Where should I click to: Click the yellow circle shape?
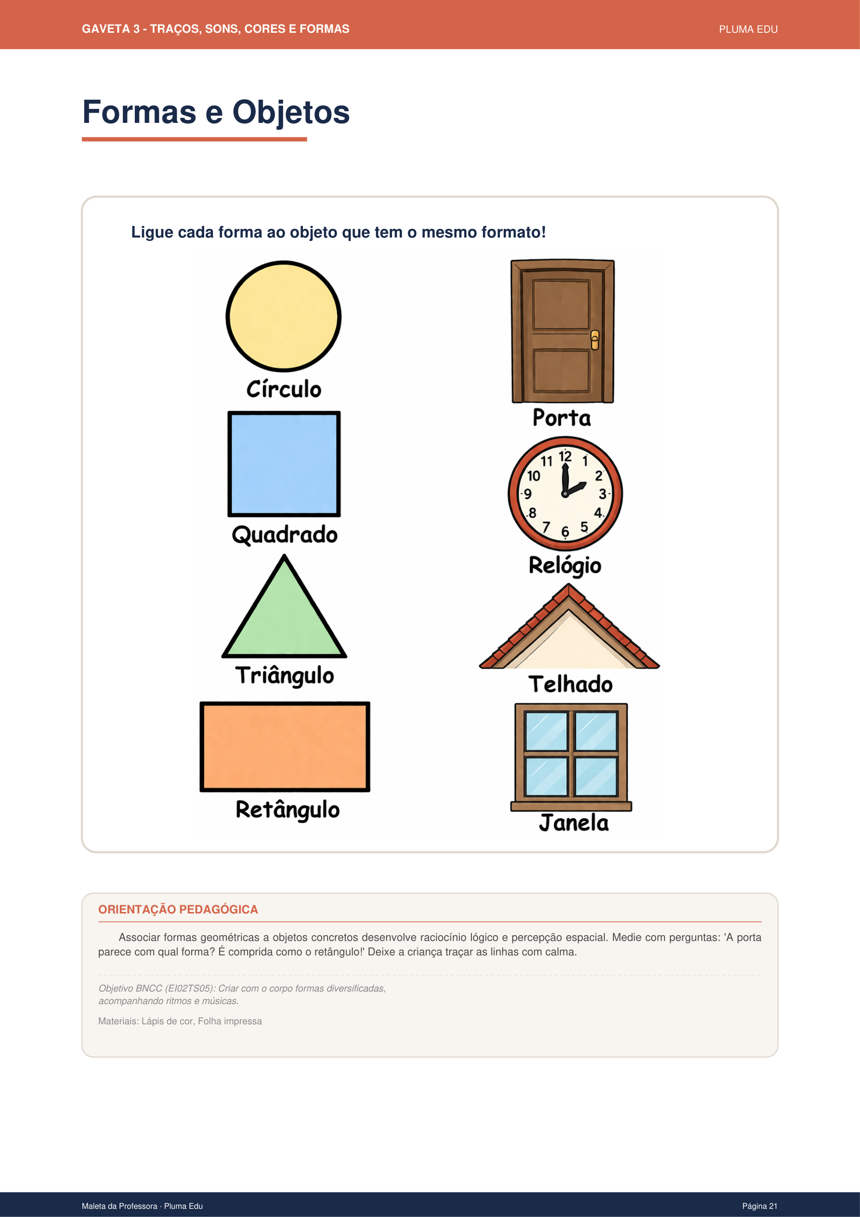pos(284,317)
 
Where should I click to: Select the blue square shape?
pos(284,464)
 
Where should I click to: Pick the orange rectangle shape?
pos(285,746)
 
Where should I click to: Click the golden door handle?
pos(595,340)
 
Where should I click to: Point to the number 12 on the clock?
pos(565,456)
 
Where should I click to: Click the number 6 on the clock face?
pos(565,531)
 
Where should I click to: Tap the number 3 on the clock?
pos(602,494)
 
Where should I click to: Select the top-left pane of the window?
pos(546,731)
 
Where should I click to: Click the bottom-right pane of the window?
pos(596,777)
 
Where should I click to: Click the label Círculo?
pos(284,390)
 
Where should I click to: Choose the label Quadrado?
pos(285,534)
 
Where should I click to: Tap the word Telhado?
pos(570,684)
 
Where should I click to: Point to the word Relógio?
pos(565,566)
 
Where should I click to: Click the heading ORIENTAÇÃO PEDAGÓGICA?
pos(178,909)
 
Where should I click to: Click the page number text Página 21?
pos(759,1206)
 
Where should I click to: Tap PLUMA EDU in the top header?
pos(748,30)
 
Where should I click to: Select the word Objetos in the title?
pos(291,112)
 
